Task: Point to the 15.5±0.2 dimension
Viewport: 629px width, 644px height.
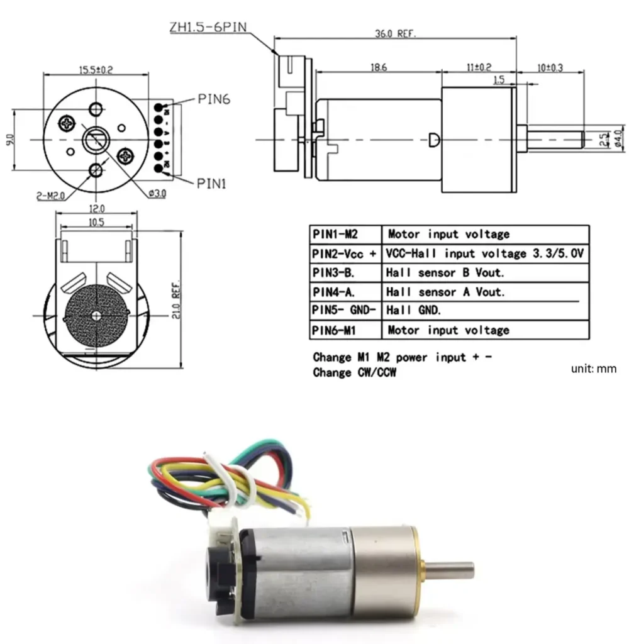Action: click(x=96, y=70)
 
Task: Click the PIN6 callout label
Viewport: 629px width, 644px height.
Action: click(x=216, y=99)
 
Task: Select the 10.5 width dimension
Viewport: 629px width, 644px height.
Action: click(x=96, y=222)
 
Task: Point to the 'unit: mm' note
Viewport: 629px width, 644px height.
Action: click(x=593, y=369)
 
